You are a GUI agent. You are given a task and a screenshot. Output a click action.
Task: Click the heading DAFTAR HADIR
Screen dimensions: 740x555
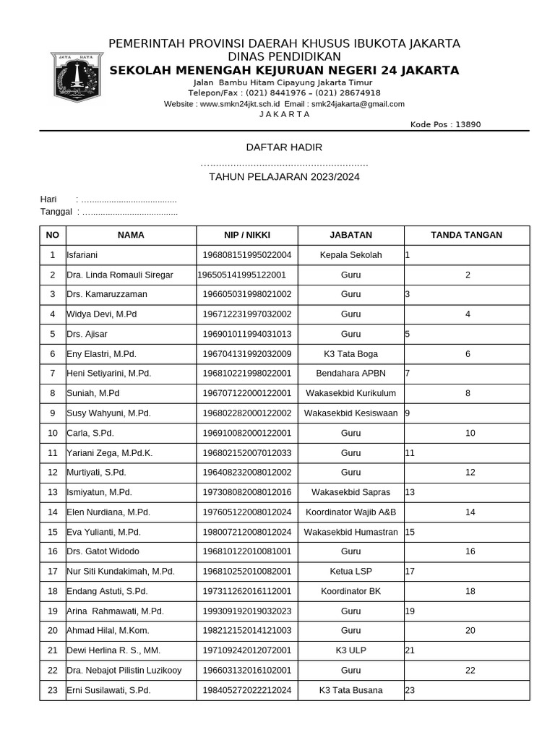coord(284,147)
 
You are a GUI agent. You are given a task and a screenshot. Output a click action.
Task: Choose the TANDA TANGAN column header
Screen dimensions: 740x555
coord(466,235)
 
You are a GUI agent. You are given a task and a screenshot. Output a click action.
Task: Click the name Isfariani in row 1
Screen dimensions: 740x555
coord(82,255)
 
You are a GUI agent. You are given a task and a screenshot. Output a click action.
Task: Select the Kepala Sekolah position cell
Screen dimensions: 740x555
coord(350,255)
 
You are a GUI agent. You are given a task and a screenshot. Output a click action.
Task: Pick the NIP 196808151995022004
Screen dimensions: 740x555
coord(246,255)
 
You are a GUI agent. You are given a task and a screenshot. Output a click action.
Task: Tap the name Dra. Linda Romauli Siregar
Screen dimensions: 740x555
coord(119,275)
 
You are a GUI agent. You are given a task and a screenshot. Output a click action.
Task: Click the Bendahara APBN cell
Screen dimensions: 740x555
coord(350,374)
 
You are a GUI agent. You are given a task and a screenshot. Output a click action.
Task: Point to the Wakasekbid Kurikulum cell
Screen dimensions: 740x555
coord(350,393)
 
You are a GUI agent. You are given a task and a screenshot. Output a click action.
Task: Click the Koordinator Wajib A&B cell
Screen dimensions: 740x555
coord(350,512)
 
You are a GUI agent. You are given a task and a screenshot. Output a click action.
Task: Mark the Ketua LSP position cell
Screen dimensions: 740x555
coord(350,571)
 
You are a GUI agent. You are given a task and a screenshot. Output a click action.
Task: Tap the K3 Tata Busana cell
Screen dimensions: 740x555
coord(350,690)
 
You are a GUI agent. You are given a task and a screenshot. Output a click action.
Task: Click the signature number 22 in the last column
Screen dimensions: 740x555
coord(470,671)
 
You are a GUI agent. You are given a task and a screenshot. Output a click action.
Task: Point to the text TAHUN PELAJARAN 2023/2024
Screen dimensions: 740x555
coord(284,177)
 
